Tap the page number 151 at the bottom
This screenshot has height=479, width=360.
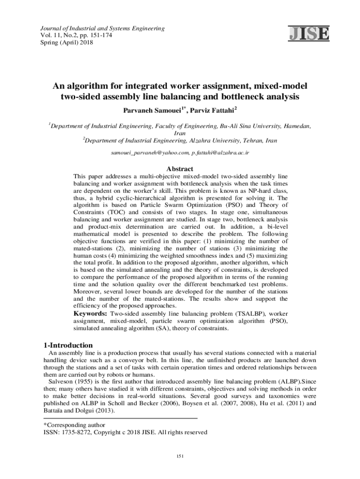coord(179,456)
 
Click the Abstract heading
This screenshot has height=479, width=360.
coord(180,169)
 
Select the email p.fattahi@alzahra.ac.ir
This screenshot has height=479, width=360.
coord(221,153)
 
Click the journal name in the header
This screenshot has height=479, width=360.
coord(101,29)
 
